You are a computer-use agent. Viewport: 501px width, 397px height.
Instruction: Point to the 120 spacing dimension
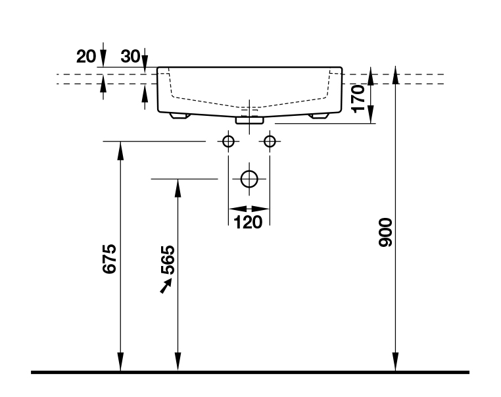point(248,222)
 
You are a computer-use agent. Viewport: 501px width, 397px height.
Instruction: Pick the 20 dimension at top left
point(85,57)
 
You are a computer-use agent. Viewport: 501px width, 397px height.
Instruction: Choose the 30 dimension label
point(130,57)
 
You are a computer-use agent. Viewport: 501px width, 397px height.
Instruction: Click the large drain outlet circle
point(249,178)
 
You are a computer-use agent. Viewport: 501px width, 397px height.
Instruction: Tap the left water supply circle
point(228,141)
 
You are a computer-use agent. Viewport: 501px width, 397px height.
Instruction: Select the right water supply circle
point(269,141)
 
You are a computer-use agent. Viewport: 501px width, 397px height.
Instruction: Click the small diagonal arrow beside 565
point(165,285)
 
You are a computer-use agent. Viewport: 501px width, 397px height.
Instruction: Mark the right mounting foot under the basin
point(319,117)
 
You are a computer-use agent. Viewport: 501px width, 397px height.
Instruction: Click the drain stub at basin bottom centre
point(249,120)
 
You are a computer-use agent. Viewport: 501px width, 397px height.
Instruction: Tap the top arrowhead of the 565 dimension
point(177,187)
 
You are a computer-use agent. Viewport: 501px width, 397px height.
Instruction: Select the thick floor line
point(250,373)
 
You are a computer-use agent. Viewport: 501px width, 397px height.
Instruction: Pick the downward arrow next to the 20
point(102,58)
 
